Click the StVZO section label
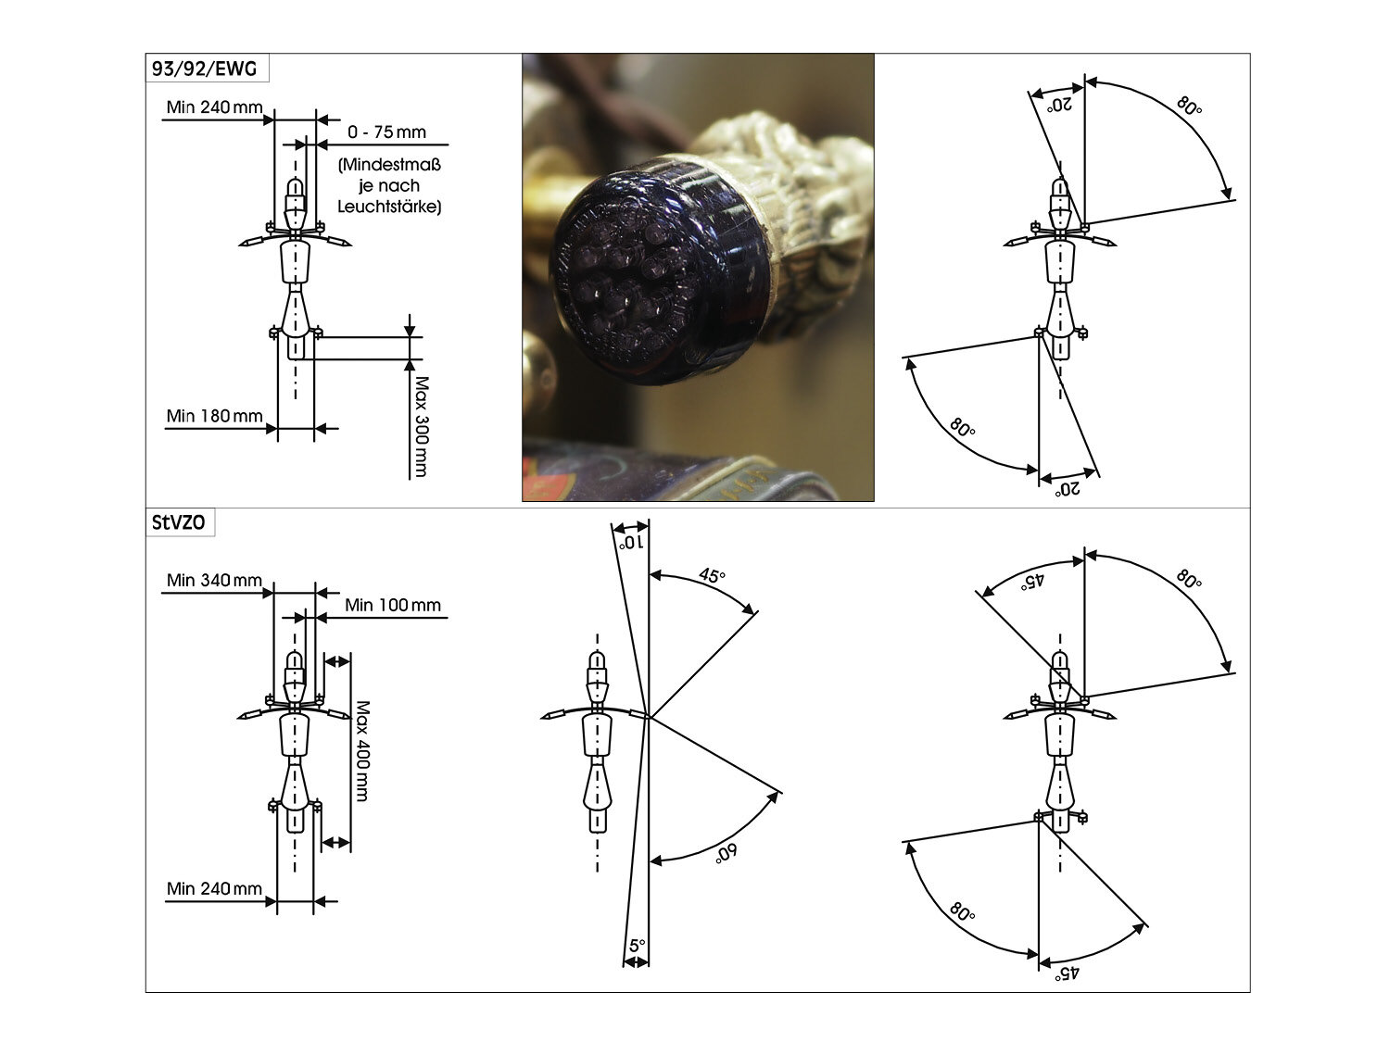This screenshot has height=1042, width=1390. (179, 522)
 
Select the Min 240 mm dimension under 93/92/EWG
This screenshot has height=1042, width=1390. (214, 107)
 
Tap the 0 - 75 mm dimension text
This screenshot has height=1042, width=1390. (386, 132)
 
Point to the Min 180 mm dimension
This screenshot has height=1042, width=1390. (214, 417)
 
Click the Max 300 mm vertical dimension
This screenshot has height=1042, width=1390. (422, 426)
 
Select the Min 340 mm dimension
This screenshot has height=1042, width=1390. (214, 581)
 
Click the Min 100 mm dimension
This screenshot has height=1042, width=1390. (393, 606)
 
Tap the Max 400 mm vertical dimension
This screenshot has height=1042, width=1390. (361, 750)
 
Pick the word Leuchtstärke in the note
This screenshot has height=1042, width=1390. (389, 207)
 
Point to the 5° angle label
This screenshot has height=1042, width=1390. (637, 946)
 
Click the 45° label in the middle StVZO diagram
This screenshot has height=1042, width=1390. (712, 576)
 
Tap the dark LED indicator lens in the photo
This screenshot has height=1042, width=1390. (649, 278)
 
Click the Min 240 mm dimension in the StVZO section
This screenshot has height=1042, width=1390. (214, 889)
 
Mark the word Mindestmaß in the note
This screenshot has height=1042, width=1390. (389, 167)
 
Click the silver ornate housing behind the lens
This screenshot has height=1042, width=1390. (797, 185)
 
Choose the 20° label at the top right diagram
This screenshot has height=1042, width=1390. (1059, 105)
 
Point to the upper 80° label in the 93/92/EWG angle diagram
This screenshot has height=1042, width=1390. (1189, 105)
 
